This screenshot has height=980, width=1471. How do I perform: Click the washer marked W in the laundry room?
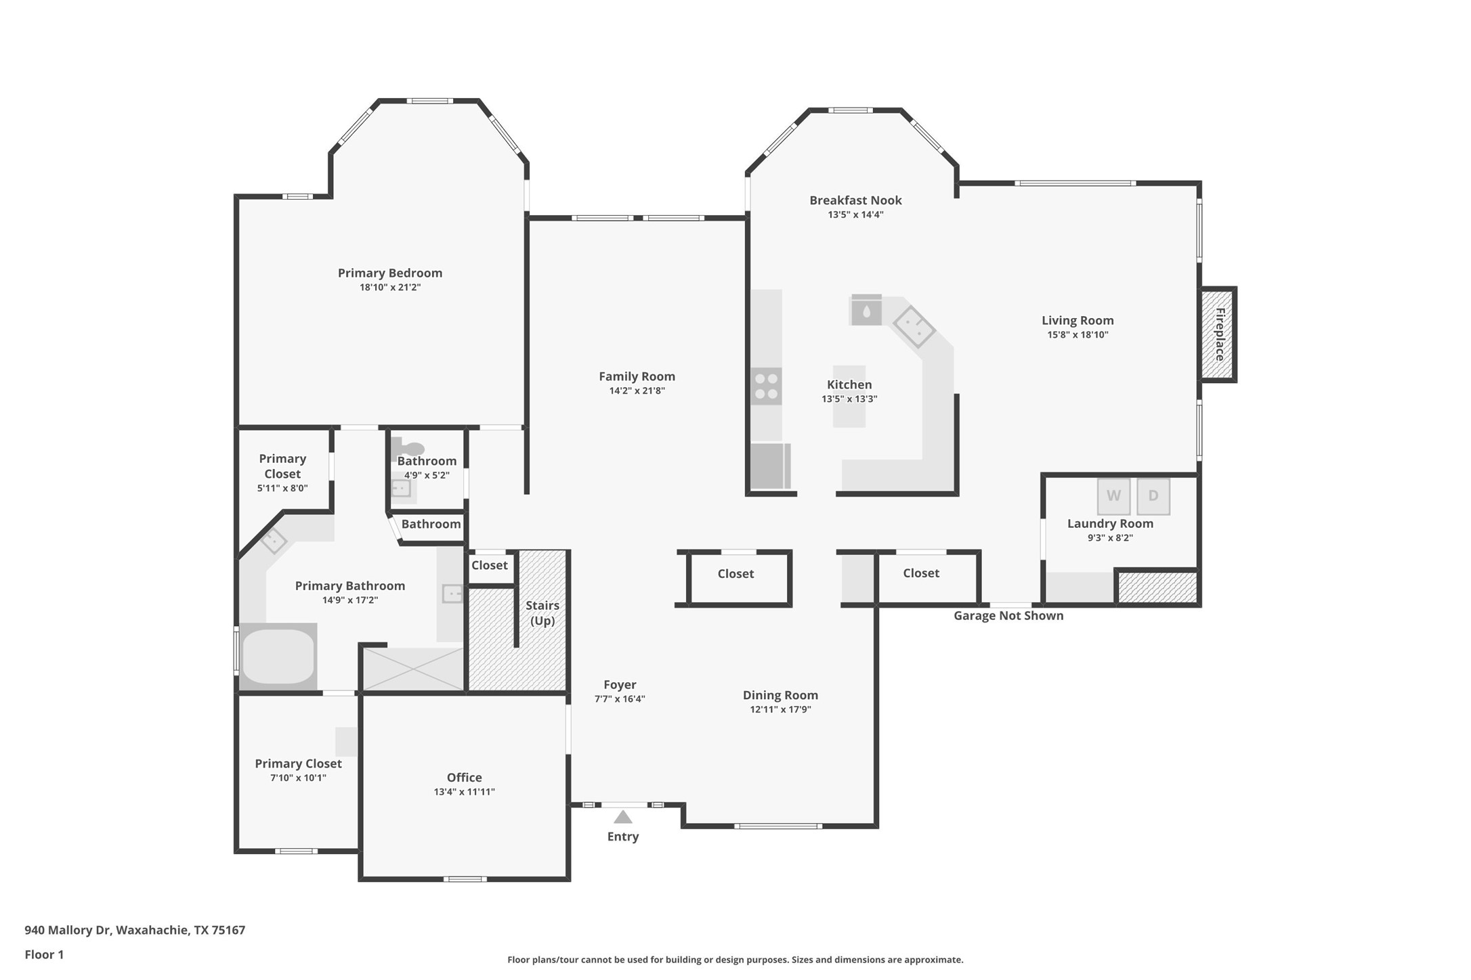(1113, 496)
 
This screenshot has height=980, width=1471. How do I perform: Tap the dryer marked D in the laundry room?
(1153, 496)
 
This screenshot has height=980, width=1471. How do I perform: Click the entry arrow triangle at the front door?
(623, 817)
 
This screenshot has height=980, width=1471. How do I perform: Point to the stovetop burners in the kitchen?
(766, 386)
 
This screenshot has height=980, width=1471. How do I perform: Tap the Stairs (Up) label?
(542, 613)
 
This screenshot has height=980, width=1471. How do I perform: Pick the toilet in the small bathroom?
(409, 448)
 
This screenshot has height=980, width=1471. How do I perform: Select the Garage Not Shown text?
(1008, 616)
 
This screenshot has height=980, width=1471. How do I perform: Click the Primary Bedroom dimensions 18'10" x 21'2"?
(390, 288)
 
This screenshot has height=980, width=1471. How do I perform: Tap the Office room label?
(465, 778)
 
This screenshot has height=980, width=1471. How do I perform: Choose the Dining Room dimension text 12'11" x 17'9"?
(780, 709)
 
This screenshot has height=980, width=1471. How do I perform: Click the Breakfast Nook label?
(855, 200)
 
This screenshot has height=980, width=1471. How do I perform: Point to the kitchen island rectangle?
(849, 397)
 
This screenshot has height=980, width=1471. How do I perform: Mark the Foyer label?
(620, 685)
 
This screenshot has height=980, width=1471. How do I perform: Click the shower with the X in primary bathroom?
(413, 669)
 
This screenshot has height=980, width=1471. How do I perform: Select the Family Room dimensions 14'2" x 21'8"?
(637, 391)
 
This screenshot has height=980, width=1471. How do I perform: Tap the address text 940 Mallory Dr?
(67, 930)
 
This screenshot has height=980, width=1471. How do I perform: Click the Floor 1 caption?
(44, 955)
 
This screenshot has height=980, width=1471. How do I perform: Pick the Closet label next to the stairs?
(489, 566)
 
